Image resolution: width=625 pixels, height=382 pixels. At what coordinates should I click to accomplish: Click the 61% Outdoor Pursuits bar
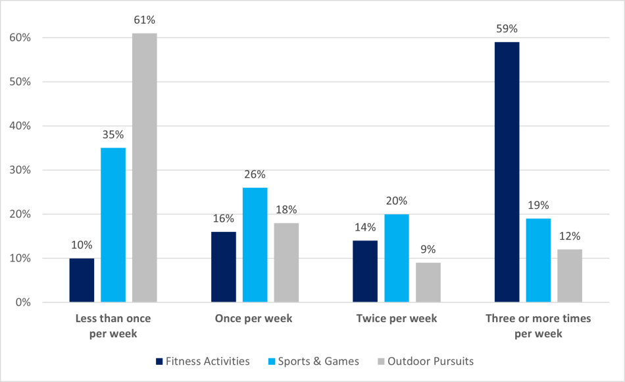click(144, 168)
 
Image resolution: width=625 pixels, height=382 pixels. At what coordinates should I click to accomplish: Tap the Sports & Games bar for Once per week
click(255, 245)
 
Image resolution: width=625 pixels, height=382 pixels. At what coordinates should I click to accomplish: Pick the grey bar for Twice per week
click(428, 283)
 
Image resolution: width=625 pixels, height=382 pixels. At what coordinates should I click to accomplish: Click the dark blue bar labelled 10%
click(82, 281)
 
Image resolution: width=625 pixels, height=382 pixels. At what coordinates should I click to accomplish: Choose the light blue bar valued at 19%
click(538, 261)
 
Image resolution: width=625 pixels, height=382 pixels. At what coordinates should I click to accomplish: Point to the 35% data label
click(113, 135)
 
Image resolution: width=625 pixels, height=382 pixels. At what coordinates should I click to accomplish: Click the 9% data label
click(428, 250)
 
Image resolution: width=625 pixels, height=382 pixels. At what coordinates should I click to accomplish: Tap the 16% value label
click(223, 219)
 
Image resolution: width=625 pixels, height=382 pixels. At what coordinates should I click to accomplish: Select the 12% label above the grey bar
click(570, 236)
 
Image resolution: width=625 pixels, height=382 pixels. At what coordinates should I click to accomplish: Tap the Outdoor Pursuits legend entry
click(424, 361)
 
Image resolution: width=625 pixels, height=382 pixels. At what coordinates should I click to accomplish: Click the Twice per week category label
click(397, 319)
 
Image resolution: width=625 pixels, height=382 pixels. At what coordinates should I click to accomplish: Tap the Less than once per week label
click(113, 326)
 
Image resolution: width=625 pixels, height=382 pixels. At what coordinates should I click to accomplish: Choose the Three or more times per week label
click(538, 326)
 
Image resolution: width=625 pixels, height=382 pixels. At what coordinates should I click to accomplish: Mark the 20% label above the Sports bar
click(397, 201)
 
